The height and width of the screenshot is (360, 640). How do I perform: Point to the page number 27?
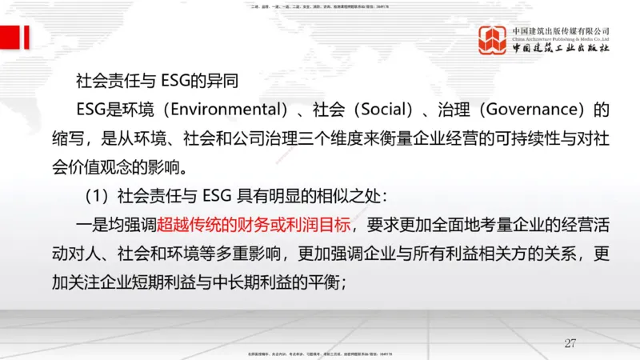pos(570,342)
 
